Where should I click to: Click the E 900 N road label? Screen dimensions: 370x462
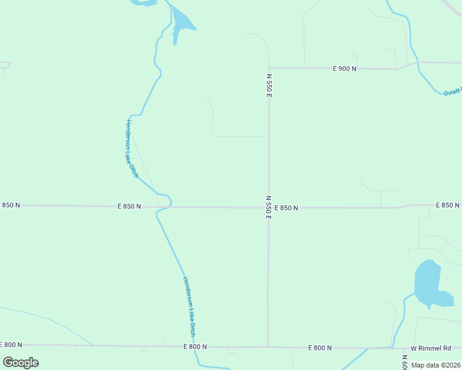point(345,68)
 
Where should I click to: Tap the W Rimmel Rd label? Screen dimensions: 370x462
point(431,348)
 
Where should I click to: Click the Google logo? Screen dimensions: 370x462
point(20,363)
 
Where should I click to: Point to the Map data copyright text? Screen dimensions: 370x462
point(435,365)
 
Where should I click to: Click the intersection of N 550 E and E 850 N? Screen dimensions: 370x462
point(269,207)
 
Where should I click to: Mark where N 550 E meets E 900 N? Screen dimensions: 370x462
point(269,68)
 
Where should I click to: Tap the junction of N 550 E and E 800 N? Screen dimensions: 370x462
point(268,347)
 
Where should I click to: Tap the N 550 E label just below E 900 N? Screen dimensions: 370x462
point(269,85)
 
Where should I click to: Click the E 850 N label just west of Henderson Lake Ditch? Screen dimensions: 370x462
point(129,207)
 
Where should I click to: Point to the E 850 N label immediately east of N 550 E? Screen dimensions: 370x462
point(287,208)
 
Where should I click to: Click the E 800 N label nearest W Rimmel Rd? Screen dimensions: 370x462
point(320,348)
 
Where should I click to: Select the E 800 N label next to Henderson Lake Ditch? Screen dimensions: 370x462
point(195,347)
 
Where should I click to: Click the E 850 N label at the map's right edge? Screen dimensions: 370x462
point(448,205)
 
